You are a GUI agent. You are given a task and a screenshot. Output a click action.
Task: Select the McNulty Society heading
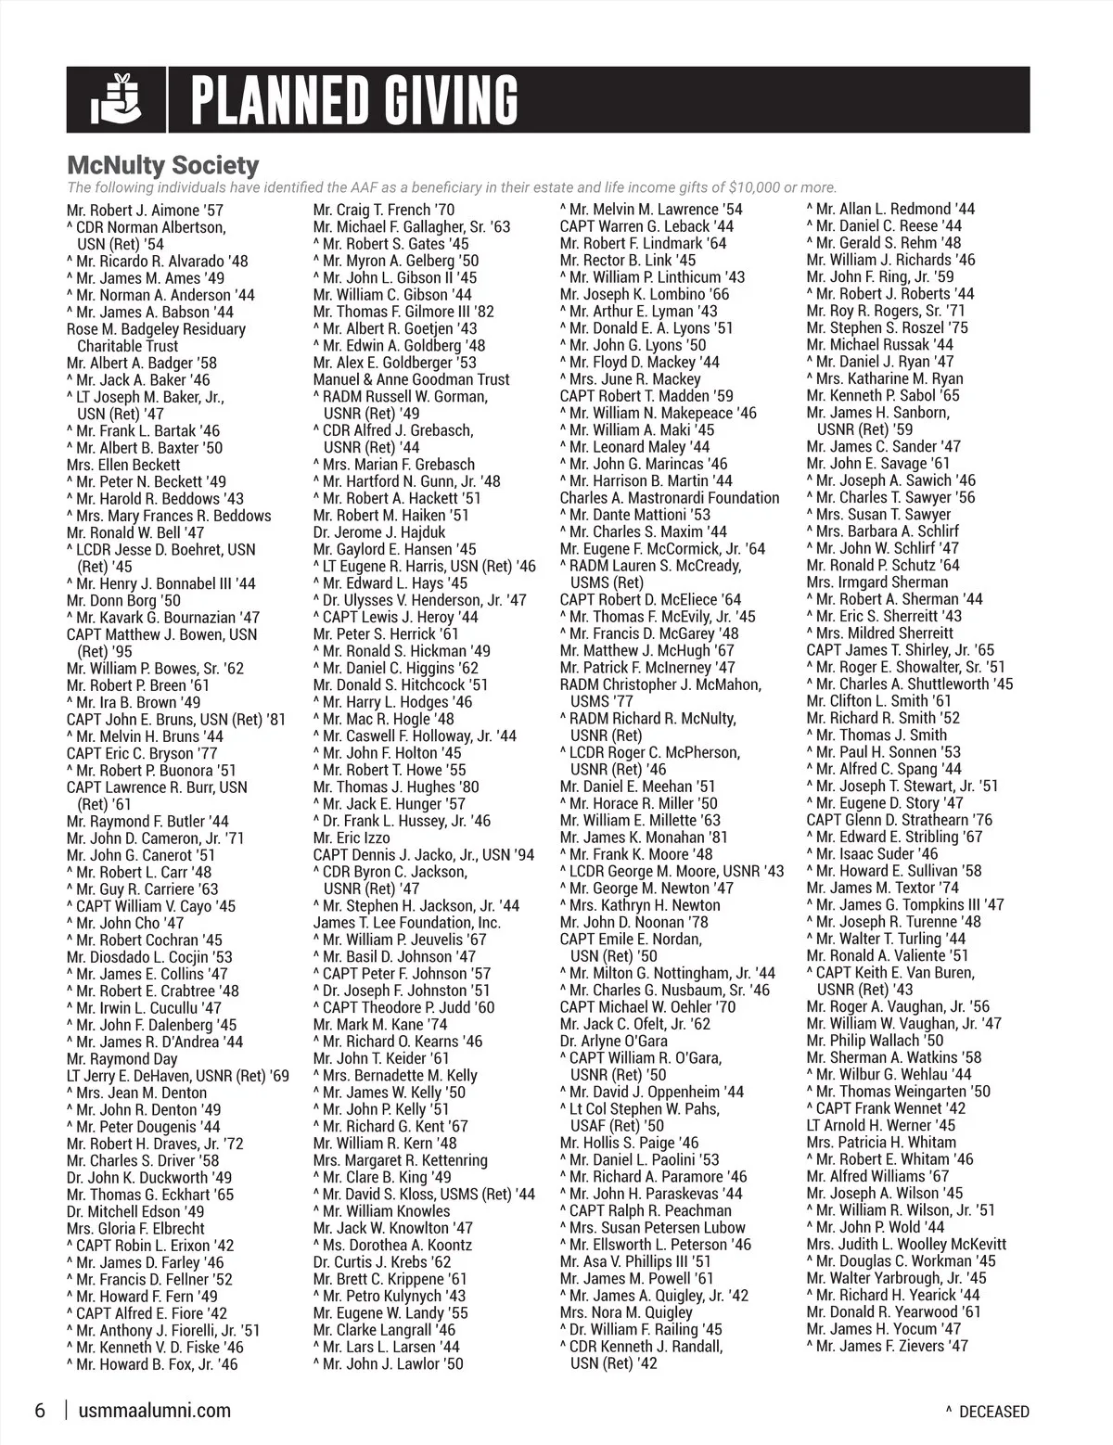coord(162,165)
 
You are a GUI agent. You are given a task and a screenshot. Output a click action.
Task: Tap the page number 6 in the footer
coord(40,1411)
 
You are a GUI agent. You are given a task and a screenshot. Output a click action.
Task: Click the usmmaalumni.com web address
coord(155,1411)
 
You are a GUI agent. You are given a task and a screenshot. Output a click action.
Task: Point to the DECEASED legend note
coord(992,1412)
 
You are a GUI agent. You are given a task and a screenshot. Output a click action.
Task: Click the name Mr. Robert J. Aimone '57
coord(146,211)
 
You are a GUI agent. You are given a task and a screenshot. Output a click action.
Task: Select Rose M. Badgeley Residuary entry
coord(156,329)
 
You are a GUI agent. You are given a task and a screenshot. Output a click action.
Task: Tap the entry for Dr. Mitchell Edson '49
coord(135,1211)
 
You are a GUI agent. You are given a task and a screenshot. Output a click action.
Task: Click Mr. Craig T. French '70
coord(384,211)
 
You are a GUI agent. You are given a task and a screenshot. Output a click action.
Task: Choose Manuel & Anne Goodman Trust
coord(411,379)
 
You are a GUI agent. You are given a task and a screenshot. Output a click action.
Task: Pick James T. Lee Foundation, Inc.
coord(407,923)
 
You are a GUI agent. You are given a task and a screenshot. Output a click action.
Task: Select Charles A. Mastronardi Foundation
coord(670,498)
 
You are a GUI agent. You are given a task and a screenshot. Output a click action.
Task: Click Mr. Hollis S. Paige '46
coord(629,1143)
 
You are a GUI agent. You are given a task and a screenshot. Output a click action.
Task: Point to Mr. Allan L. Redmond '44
coord(895,210)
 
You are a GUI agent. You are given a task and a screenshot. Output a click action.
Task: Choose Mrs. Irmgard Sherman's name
coord(877,582)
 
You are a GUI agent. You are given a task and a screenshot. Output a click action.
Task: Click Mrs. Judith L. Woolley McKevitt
coord(906,1244)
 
